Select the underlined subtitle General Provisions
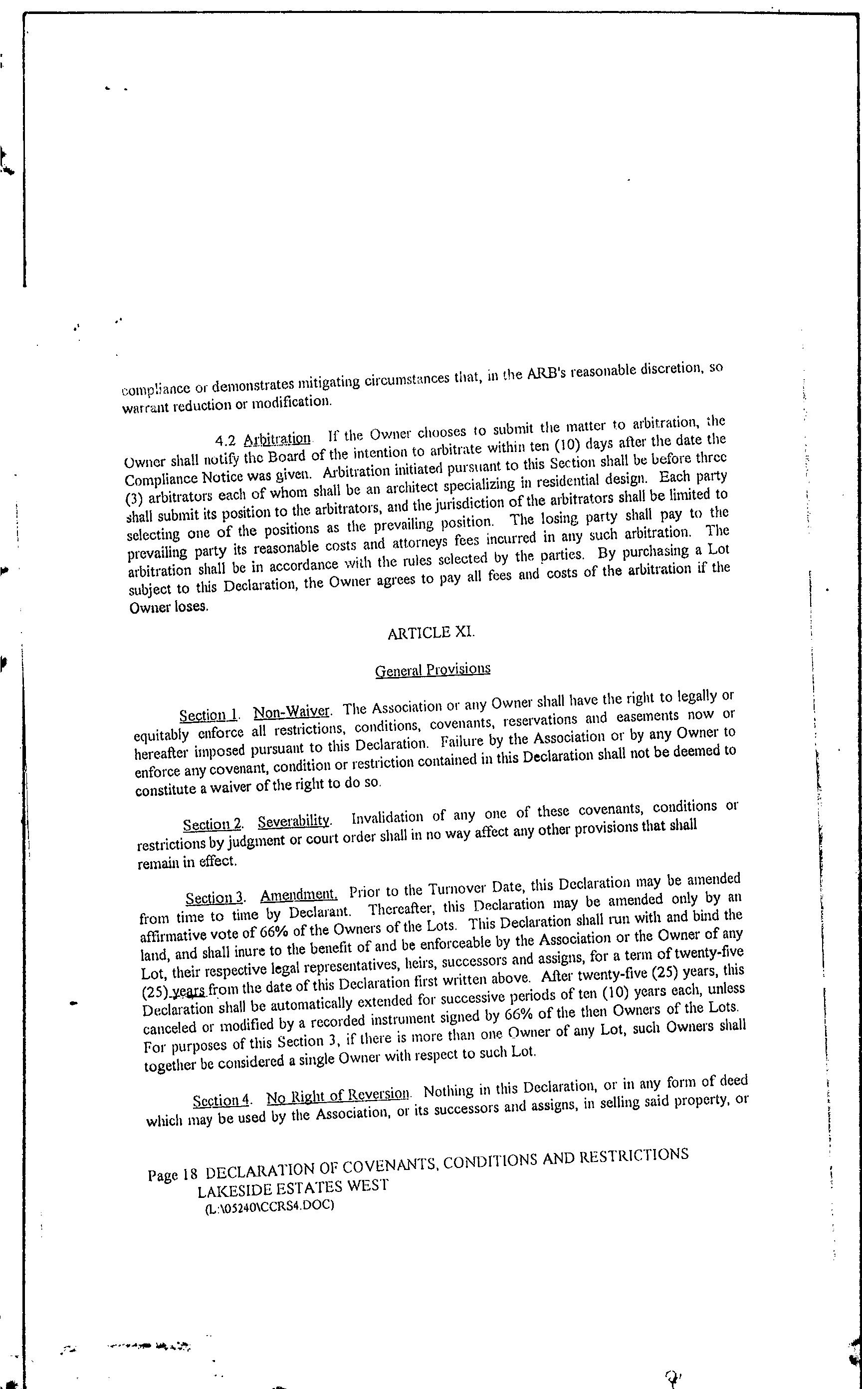(432, 669)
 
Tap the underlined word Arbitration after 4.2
(277, 439)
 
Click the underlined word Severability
(294, 821)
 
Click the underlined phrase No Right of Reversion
(338, 1095)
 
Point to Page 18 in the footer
(172, 1175)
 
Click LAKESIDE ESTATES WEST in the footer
(292, 1188)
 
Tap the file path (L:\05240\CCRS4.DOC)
(268, 1206)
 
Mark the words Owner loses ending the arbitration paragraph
(169, 607)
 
